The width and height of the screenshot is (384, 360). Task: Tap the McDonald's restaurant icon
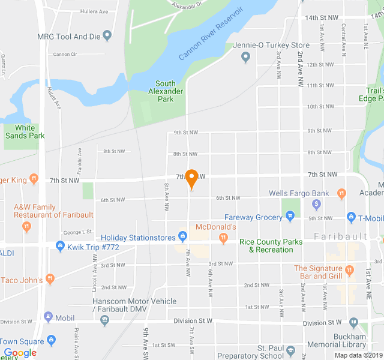pyautogui.click(x=223, y=238)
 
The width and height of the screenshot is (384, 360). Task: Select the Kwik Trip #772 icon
pyautogui.click(x=60, y=245)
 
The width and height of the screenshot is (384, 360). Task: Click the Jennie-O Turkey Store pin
pyautogui.click(x=245, y=57)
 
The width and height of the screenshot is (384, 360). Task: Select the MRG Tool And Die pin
pyautogui.click(x=107, y=35)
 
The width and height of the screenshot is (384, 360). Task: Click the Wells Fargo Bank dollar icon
pyautogui.click(x=317, y=205)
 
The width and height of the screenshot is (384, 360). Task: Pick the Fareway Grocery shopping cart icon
pyautogui.click(x=290, y=216)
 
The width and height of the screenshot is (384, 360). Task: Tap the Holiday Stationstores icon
pyautogui.click(x=182, y=238)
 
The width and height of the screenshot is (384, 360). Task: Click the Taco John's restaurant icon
pyautogui.click(x=50, y=278)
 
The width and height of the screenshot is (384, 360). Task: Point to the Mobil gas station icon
pyautogui.click(x=48, y=317)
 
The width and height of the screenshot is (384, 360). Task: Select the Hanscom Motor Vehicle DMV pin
pyautogui.click(x=105, y=320)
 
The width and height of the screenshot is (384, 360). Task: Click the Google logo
pyautogui.click(x=20, y=353)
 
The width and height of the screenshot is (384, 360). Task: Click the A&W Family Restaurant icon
pyautogui.click(x=26, y=227)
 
